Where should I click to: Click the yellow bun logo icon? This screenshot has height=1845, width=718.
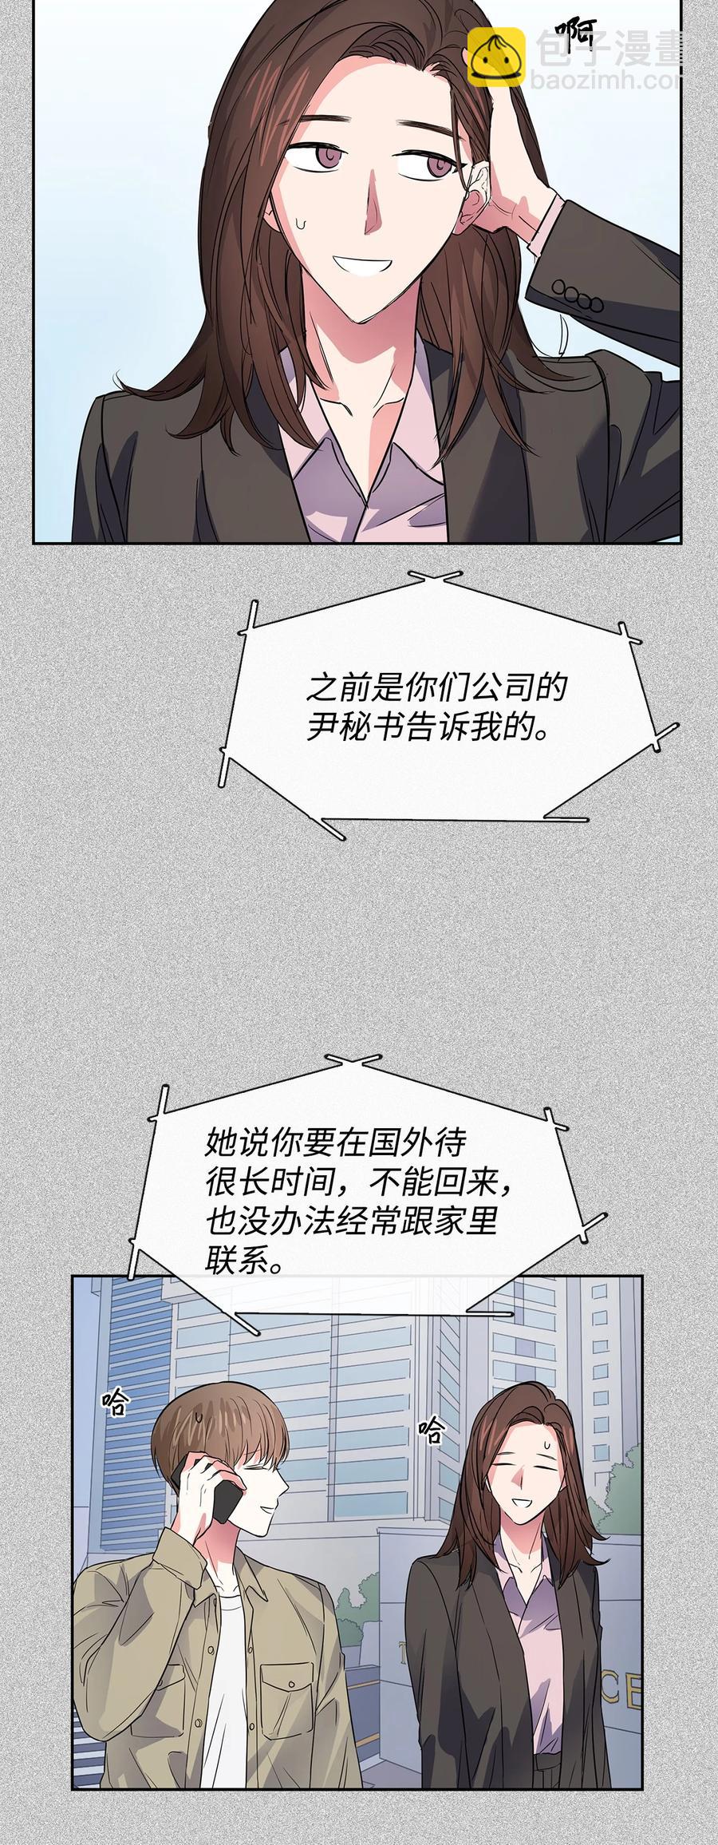(x=495, y=57)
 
